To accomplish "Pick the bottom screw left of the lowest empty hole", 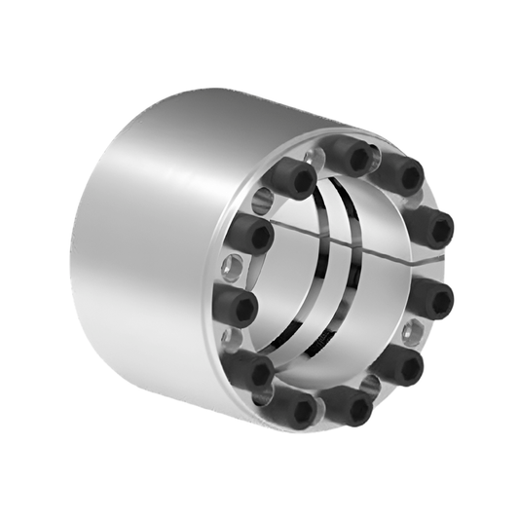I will click(292, 407).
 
